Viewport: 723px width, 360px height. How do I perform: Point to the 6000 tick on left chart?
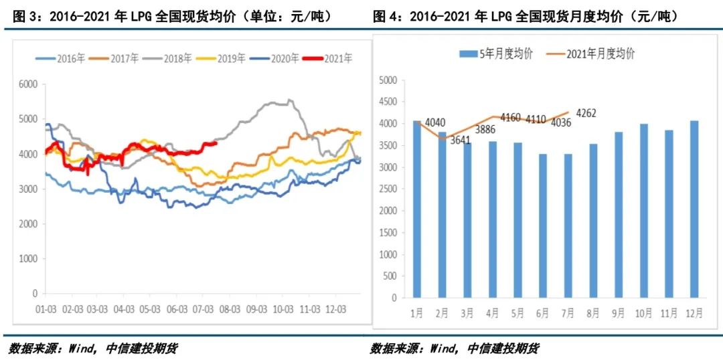(28, 84)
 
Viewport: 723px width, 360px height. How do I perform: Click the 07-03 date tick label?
(202, 310)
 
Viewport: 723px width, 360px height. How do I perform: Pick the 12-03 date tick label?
(335, 310)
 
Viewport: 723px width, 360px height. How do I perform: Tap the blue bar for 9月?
(618, 214)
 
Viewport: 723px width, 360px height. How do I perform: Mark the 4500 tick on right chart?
(388, 102)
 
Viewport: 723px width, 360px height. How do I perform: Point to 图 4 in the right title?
(385, 16)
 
